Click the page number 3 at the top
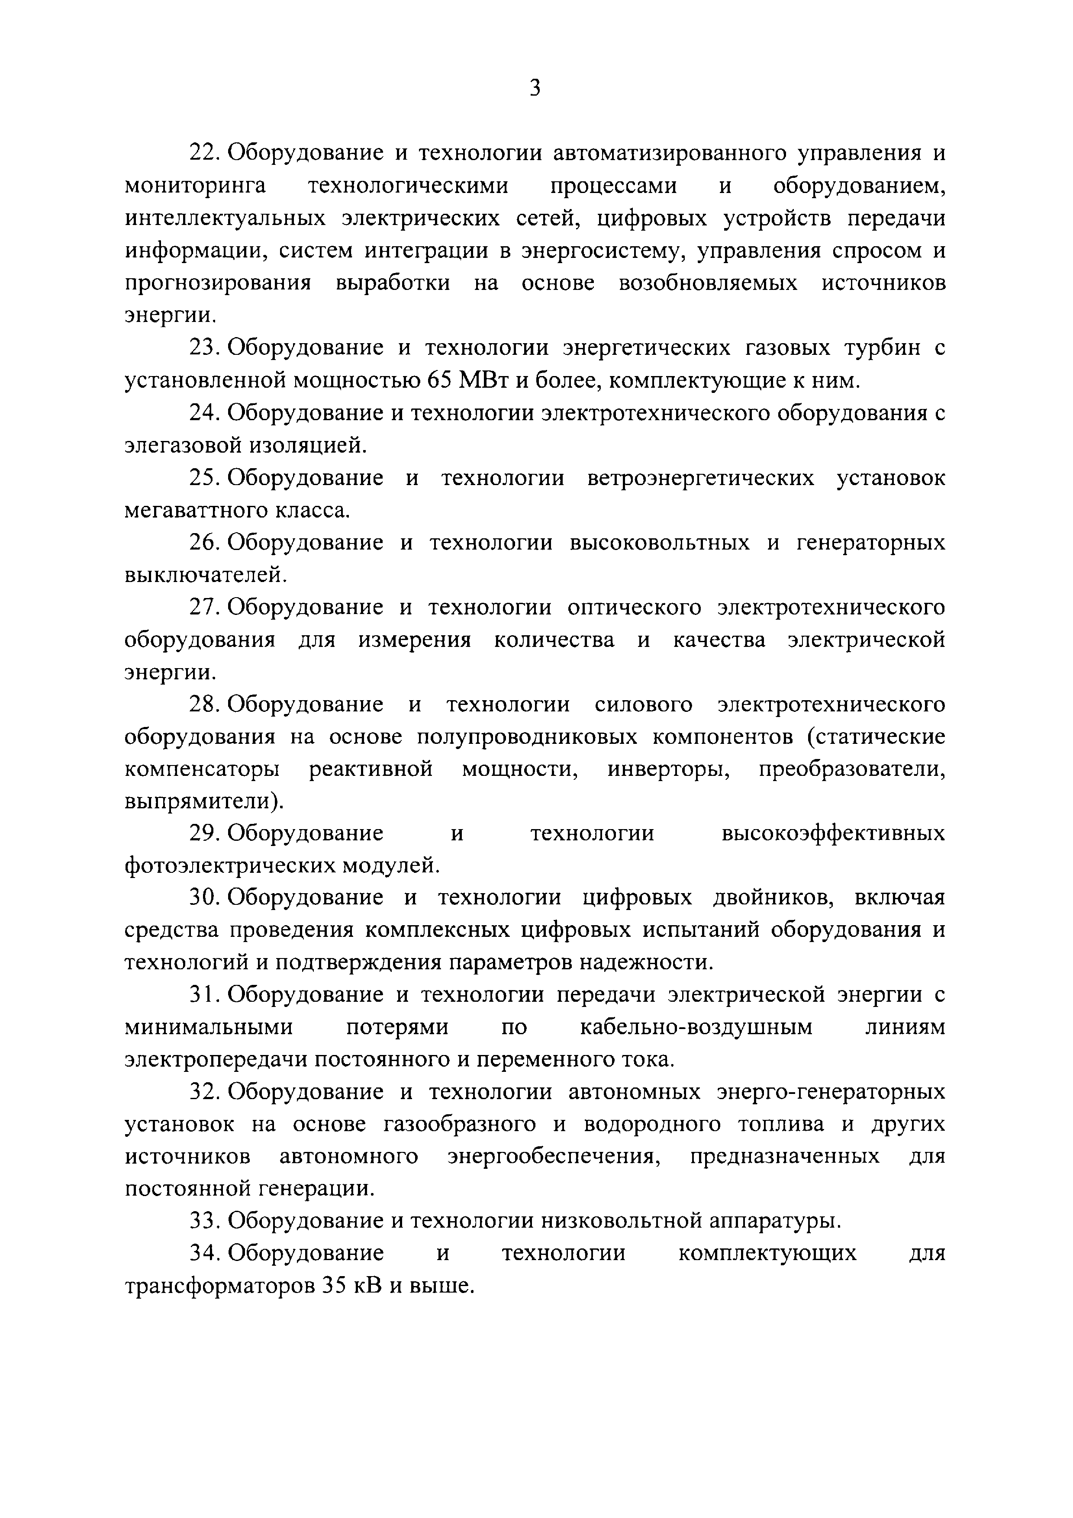(535, 88)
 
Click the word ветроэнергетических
(701, 477)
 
